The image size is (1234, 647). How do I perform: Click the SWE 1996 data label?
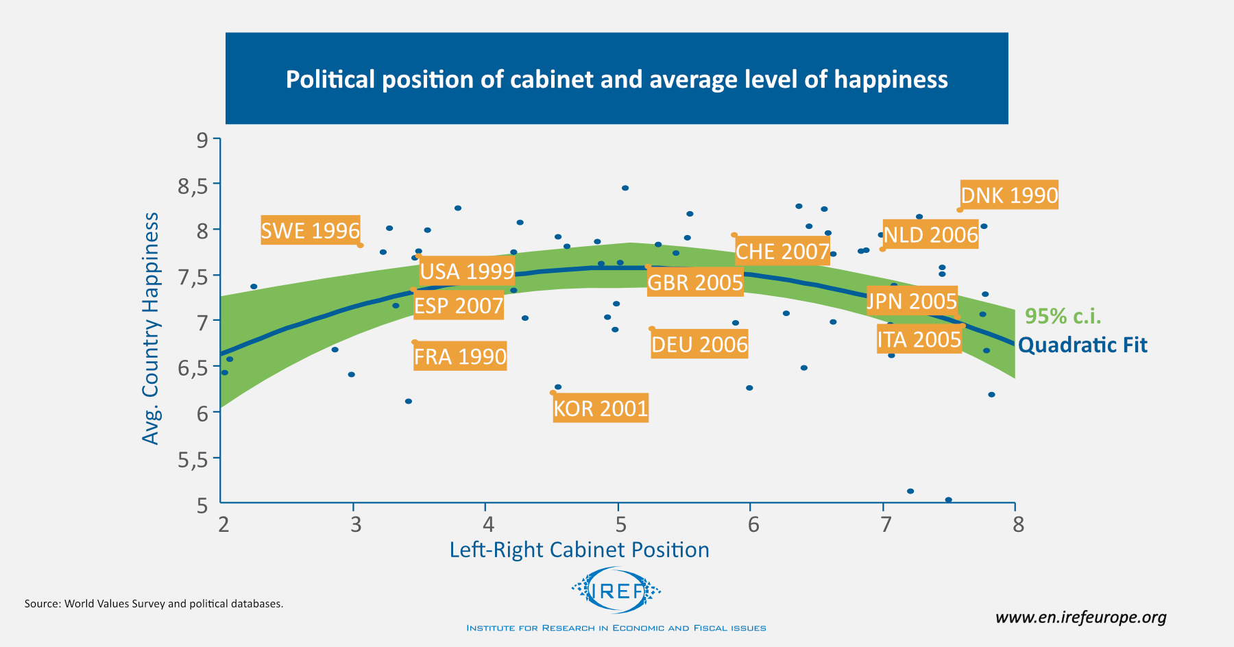point(311,230)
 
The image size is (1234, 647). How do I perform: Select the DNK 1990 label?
point(1009,195)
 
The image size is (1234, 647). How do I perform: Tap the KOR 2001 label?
point(601,408)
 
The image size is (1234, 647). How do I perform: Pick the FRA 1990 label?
point(460,356)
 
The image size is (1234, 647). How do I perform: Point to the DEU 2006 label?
point(699,344)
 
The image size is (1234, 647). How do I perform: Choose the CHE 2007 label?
point(782,252)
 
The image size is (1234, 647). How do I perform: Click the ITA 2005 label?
point(919,339)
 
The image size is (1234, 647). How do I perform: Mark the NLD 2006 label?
point(930,235)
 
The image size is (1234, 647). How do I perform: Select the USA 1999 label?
point(467,271)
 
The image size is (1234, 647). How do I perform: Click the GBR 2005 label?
point(695,282)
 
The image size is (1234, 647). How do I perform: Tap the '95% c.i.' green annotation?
point(1063,316)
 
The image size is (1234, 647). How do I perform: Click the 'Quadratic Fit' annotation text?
point(1082,345)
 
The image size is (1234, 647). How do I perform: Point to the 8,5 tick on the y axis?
point(193,186)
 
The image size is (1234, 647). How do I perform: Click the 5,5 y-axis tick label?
point(193,460)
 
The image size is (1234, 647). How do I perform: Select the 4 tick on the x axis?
point(488,524)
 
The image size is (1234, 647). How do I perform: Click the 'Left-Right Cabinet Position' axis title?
point(579,550)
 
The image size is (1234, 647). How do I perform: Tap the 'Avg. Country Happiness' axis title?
point(150,328)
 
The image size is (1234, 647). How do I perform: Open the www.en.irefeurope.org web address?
point(1081,618)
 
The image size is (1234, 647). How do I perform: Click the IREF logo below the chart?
point(616,590)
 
